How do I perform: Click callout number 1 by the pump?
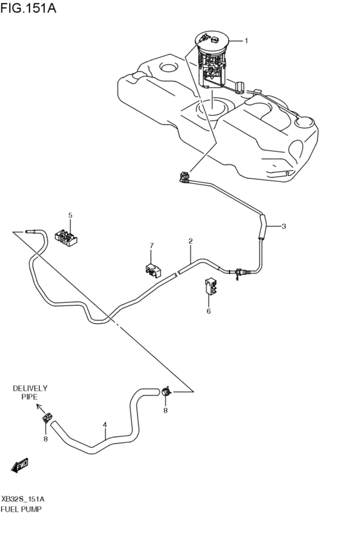click(x=246, y=40)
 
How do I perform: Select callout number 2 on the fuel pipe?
click(x=191, y=242)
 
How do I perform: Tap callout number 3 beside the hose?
click(x=283, y=226)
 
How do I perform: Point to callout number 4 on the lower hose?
click(x=105, y=424)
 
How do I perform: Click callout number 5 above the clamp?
click(x=71, y=215)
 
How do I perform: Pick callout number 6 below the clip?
click(x=208, y=311)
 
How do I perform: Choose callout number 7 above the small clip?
click(x=152, y=246)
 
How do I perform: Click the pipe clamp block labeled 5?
click(x=67, y=237)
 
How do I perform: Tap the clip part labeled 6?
click(x=210, y=287)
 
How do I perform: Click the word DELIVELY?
click(x=30, y=388)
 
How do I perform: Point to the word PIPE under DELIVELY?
click(x=30, y=398)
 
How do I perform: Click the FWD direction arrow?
click(x=19, y=464)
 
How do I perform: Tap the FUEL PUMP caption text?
click(x=22, y=509)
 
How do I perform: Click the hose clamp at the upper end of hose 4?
click(x=165, y=391)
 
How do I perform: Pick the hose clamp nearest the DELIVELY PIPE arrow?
click(x=47, y=418)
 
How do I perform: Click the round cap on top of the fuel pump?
click(x=212, y=39)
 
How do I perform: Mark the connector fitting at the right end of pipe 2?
click(x=239, y=273)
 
